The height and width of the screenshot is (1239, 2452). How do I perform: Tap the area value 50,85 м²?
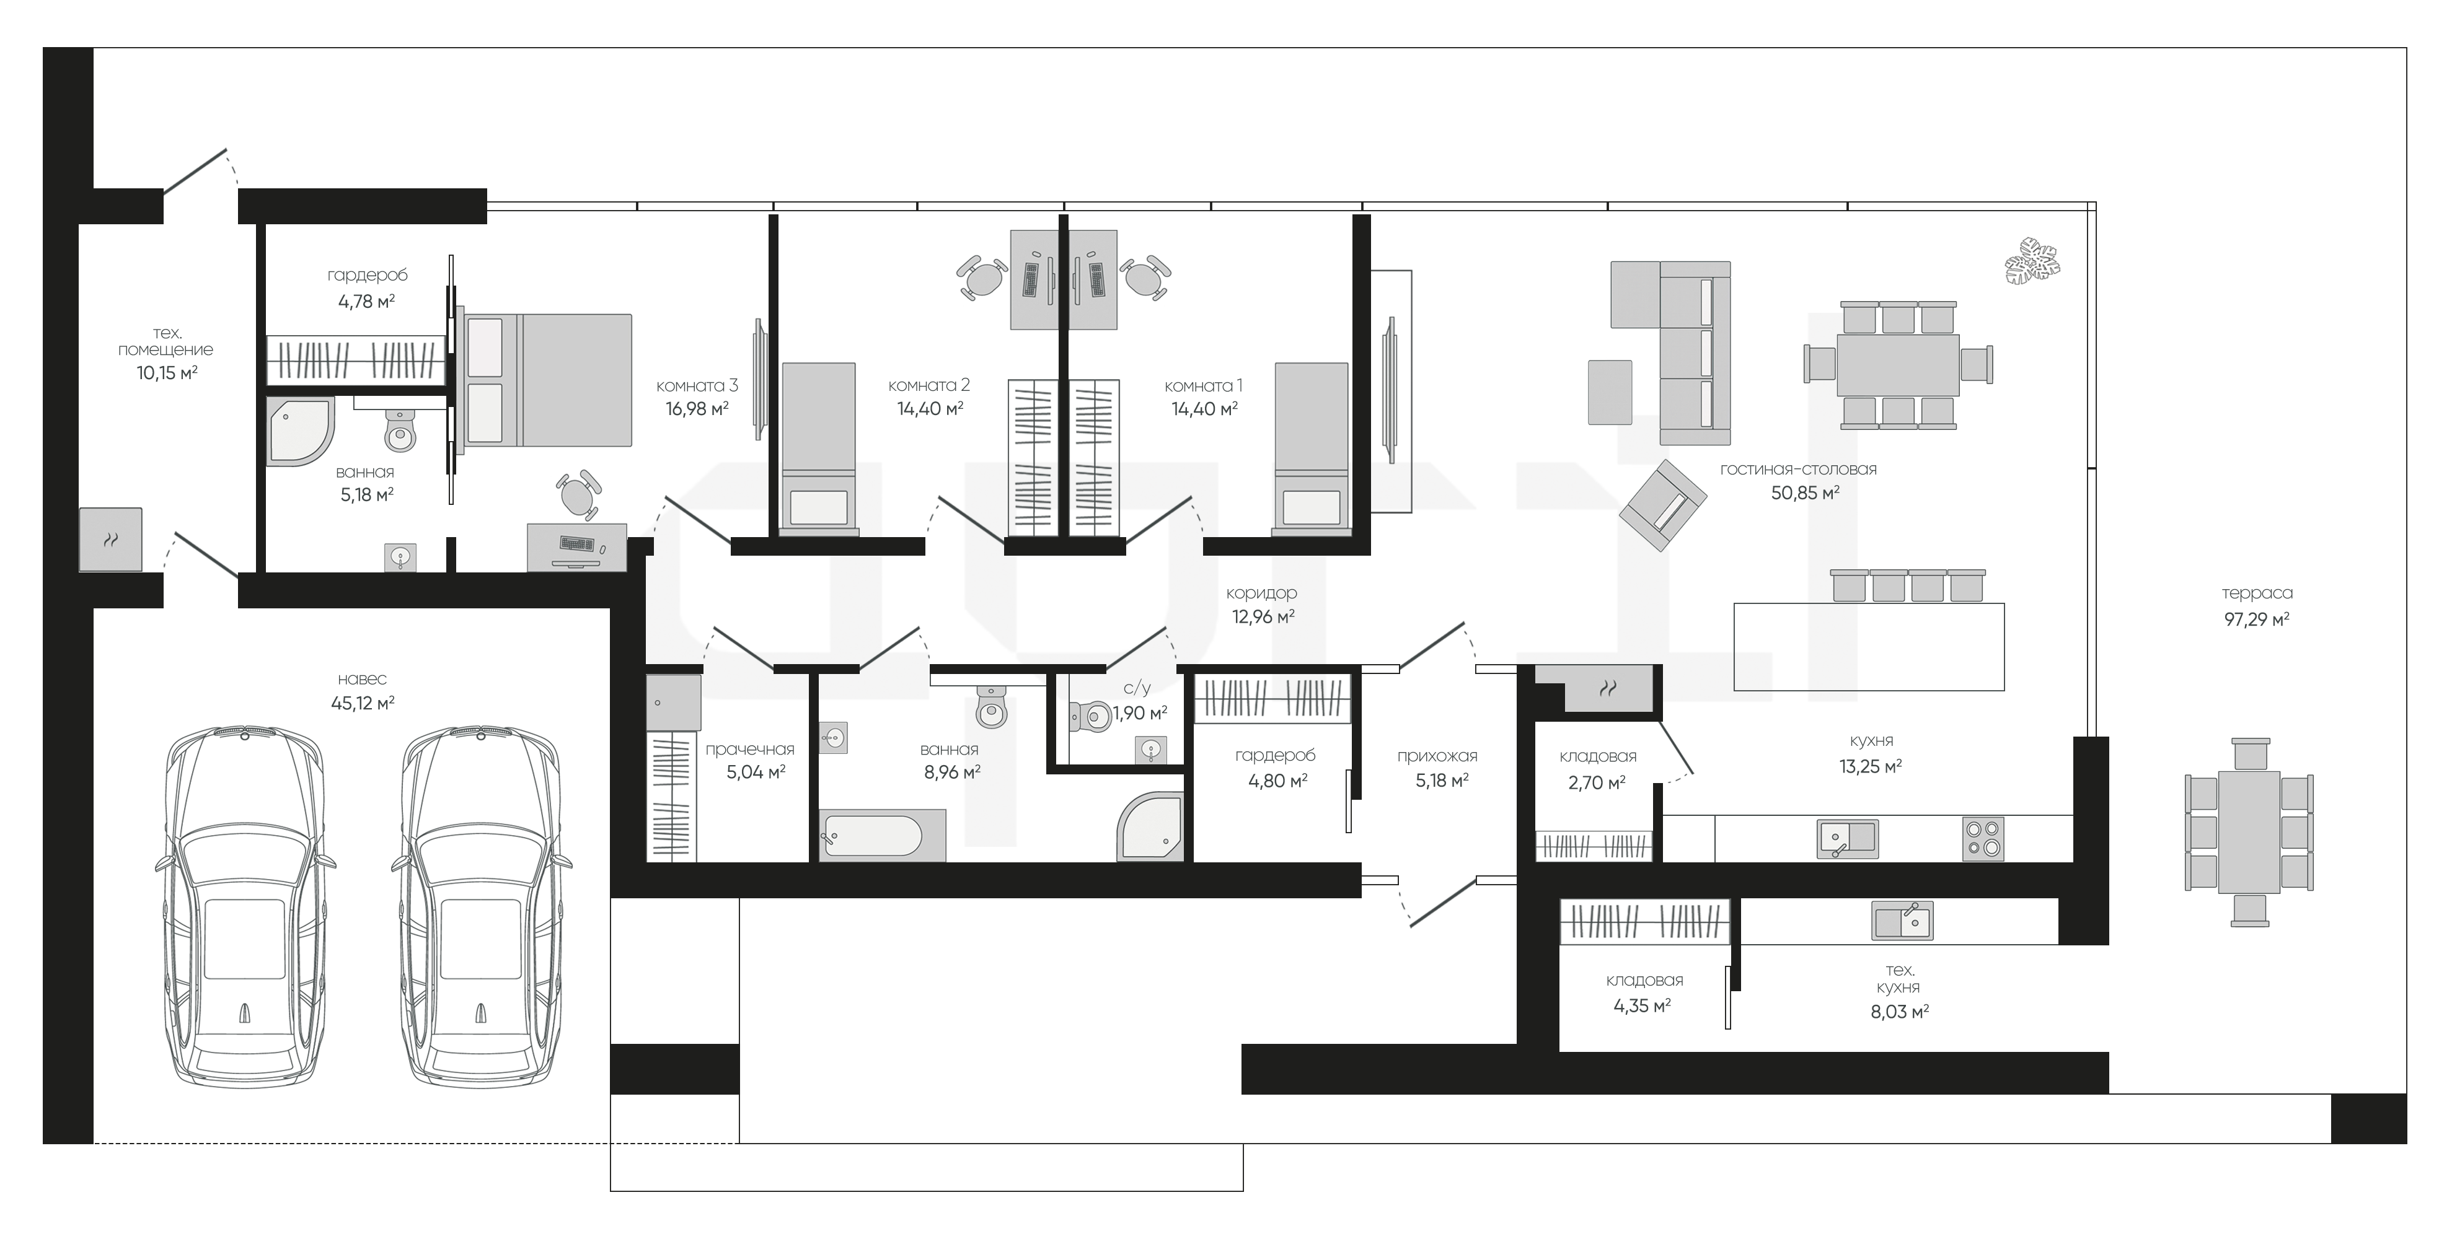coord(1805,493)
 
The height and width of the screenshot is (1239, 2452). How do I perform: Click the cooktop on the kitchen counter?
coord(1983,839)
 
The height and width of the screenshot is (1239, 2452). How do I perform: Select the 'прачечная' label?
coord(750,750)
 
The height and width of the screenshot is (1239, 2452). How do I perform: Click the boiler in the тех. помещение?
coord(110,540)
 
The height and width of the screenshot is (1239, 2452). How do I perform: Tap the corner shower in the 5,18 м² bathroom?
coord(301,431)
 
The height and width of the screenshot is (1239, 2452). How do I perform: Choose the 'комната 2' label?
coord(929,385)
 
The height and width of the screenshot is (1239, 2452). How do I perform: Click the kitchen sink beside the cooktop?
coord(1846,838)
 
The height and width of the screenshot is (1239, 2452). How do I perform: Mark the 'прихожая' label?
coord(1437,756)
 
